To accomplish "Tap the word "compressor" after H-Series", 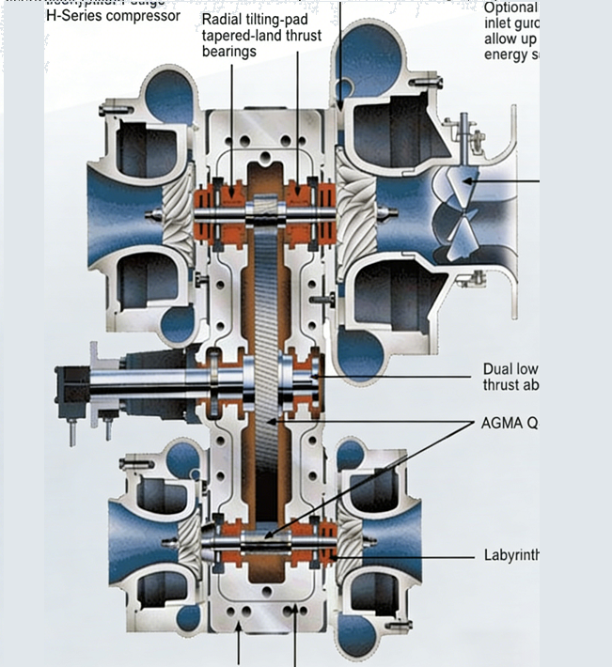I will click(x=140, y=16).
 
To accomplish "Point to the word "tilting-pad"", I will click(x=281, y=20).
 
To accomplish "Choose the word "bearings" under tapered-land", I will click(x=229, y=52).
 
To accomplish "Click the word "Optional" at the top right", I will click(x=510, y=8).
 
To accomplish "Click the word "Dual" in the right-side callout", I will click(x=498, y=369).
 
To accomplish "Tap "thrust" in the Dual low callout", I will click(x=504, y=384).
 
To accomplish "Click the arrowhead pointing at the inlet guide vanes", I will click(x=471, y=179).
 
